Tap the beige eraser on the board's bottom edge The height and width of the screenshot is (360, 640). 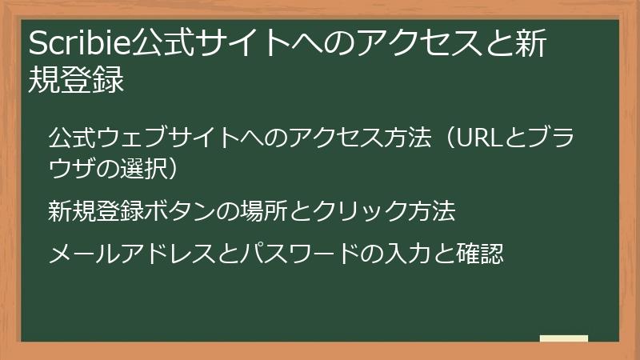[x=563, y=339]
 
